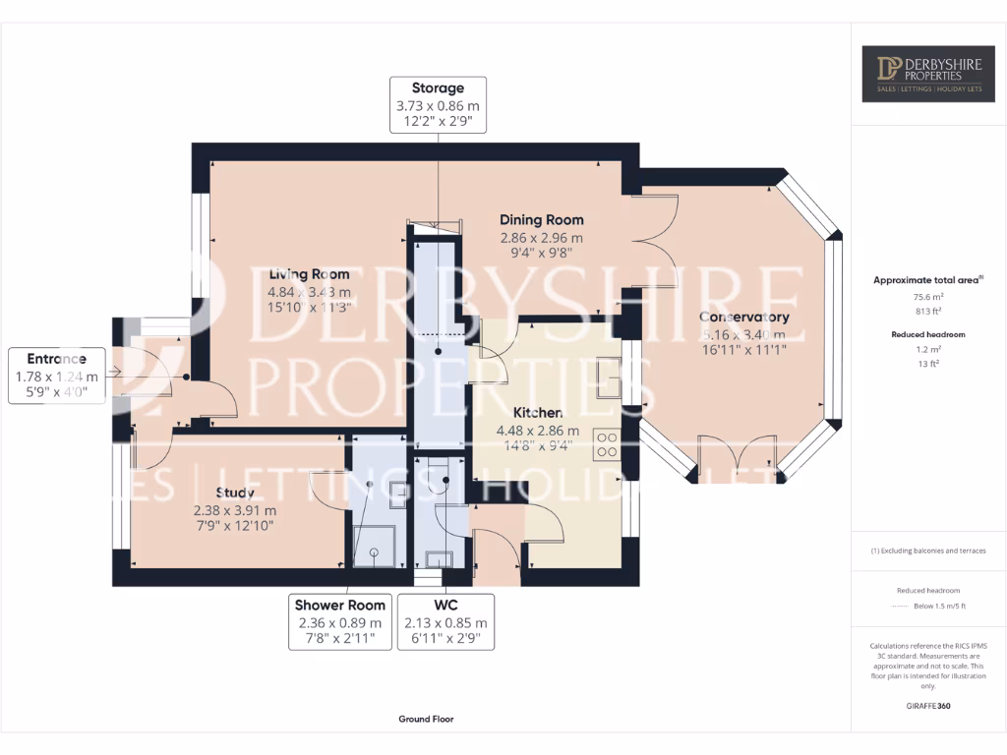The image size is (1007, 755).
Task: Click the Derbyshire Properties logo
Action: coord(927,74)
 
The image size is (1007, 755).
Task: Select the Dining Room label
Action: coord(541,220)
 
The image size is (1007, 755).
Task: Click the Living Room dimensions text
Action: coord(308,299)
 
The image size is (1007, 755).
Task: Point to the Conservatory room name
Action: coord(743,318)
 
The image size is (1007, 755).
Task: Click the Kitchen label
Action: coord(537,413)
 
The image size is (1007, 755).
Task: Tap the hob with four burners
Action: coord(606,445)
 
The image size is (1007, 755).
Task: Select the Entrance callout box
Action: coord(57,375)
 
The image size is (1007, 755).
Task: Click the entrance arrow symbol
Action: coord(115,372)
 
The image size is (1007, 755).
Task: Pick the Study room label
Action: coord(235,493)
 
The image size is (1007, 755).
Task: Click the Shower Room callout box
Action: coord(339,621)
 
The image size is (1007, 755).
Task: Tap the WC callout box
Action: coord(445,621)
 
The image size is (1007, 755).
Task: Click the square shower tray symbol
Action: coord(374,550)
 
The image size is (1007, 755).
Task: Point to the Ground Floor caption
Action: coord(426,719)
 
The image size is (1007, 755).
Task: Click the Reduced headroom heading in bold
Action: coord(928,334)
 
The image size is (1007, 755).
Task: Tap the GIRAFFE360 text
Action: coord(928,706)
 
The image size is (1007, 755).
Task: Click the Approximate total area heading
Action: coord(927,280)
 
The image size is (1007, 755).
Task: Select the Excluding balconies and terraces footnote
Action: coord(928,551)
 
